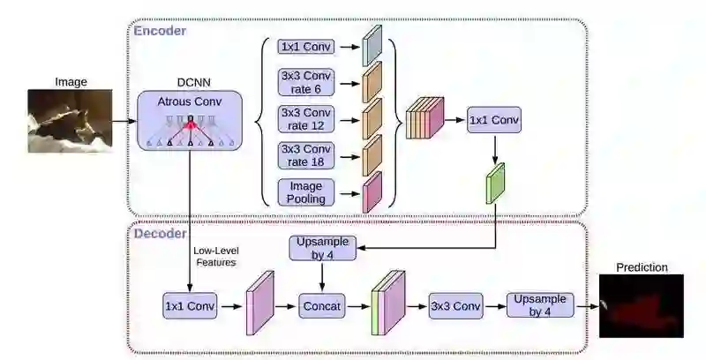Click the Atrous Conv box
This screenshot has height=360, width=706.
190,120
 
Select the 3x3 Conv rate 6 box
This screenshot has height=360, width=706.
306,82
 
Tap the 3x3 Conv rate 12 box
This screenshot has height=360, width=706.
306,119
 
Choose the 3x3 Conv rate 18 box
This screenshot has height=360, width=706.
306,155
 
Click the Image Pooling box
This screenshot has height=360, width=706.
306,192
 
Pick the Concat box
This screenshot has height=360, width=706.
322,306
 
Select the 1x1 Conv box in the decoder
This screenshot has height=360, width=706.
190,306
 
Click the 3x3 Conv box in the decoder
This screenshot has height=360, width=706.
455,306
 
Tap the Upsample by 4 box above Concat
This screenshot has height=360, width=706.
322,248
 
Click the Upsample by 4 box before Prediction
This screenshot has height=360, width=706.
540,305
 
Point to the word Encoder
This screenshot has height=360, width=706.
160,31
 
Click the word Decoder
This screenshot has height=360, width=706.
161,234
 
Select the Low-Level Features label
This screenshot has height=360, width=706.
216,257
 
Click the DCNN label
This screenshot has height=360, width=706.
193,82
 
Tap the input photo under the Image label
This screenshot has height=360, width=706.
71,121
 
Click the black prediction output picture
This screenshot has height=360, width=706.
642,306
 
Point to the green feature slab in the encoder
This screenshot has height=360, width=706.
495,184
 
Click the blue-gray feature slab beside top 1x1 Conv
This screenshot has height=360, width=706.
372,46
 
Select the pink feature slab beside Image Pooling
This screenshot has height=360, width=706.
372,192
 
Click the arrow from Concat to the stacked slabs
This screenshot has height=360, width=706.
358,306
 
